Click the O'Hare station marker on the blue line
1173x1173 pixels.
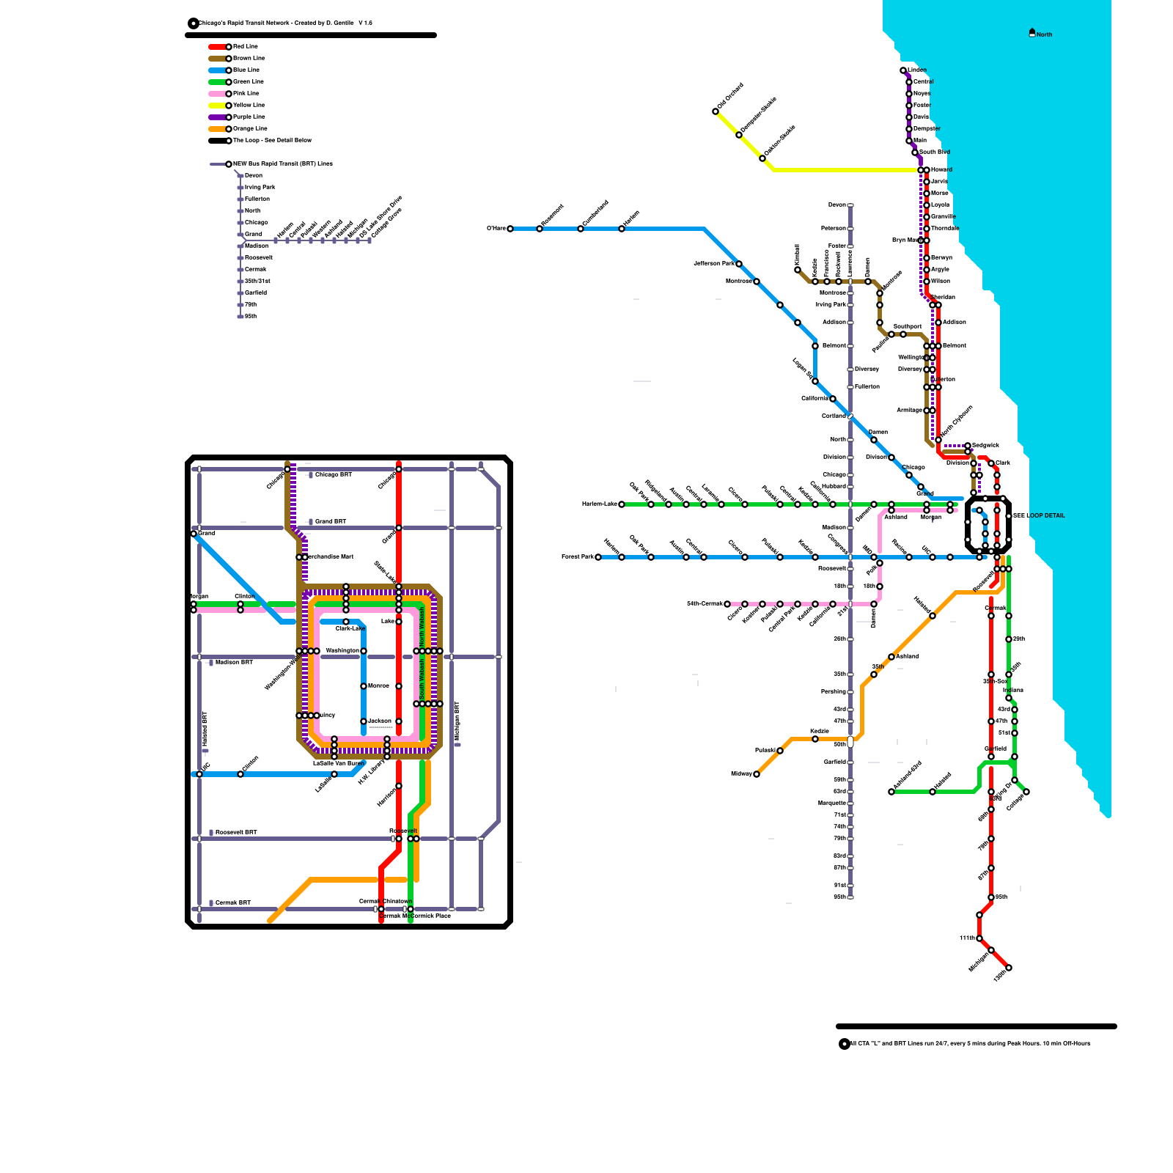[x=510, y=229]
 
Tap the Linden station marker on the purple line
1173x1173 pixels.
[x=903, y=70]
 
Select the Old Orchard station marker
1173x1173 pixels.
[x=716, y=111]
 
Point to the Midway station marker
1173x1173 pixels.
[x=757, y=774]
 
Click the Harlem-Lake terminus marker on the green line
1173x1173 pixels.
[x=622, y=504]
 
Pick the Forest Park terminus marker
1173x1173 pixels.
[x=598, y=557]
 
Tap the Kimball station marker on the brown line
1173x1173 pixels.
[x=798, y=270]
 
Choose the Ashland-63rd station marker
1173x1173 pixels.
[x=891, y=792]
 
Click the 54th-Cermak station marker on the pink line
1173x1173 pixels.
[x=727, y=604]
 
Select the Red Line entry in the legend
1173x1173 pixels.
[x=245, y=47]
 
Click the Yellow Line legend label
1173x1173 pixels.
[x=249, y=106]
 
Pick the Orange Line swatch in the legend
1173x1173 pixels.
[x=217, y=129]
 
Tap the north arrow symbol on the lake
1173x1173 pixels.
[x=1032, y=32]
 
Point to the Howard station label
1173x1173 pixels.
[x=941, y=170]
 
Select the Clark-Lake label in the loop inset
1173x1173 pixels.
[x=350, y=628]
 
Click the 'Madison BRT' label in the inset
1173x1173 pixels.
[x=234, y=663]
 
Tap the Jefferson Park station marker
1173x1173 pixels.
[x=739, y=264]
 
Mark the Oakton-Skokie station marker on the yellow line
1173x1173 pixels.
[x=762, y=158]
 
